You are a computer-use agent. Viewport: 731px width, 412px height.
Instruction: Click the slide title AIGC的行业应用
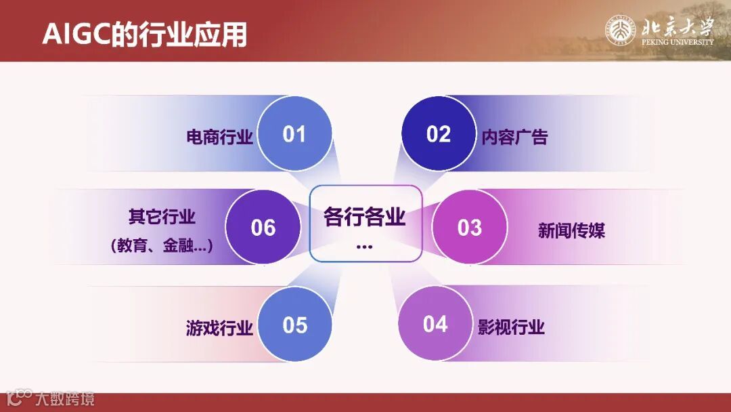[144, 35]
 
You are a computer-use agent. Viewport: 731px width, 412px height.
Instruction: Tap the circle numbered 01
[294, 133]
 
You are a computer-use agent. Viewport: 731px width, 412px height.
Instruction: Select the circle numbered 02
[439, 133]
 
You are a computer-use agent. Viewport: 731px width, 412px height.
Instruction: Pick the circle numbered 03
[470, 227]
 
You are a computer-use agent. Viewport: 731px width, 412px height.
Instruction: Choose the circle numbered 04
[435, 324]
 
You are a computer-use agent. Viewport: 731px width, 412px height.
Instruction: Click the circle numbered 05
[295, 325]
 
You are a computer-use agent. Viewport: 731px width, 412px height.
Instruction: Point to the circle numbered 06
[263, 227]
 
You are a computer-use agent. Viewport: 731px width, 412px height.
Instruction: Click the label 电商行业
[219, 138]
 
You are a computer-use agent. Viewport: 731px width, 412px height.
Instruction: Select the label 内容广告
[514, 138]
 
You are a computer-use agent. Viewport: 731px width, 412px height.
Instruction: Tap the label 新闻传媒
[571, 231]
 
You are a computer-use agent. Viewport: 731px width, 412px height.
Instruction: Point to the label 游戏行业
[219, 329]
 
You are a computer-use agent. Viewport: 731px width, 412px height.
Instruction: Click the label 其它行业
[162, 217]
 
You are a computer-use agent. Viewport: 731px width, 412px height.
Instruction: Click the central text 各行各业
[364, 218]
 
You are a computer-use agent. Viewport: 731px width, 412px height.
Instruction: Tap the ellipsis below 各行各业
[364, 246]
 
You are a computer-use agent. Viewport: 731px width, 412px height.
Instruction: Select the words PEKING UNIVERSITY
[677, 42]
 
